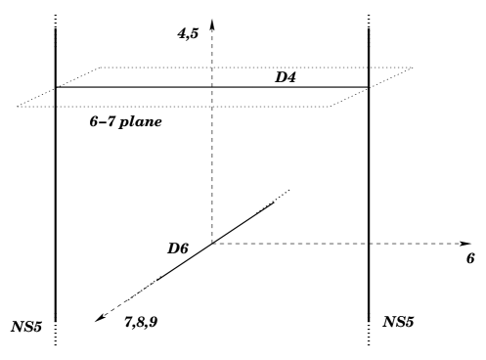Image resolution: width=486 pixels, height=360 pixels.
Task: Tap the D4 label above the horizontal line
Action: [287, 75]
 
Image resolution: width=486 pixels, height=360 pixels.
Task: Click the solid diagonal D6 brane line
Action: [210, 245]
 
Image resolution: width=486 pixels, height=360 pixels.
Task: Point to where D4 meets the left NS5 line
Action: [55, 87]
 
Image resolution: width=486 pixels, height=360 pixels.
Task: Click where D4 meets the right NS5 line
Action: [370, 87]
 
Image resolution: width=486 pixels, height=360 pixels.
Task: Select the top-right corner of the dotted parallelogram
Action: [413, 67]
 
